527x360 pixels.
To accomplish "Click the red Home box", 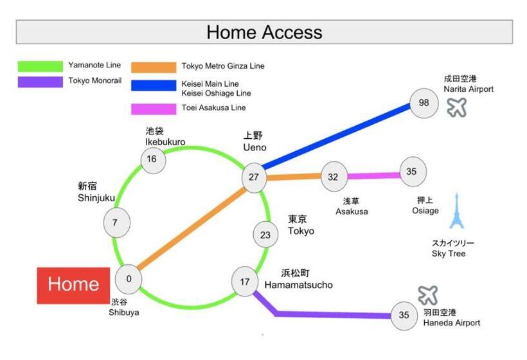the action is (73, 285).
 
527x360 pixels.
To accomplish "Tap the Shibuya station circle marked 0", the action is (129, 279).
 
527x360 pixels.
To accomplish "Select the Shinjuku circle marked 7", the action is (116, 222).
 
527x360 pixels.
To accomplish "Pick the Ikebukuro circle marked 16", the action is (153, 159).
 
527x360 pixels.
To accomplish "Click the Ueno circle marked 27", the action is (254, 178).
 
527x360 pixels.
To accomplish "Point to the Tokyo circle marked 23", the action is (265, 235).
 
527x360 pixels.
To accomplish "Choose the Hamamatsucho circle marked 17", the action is (245, 282).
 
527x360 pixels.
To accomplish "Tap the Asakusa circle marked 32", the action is (334, 177).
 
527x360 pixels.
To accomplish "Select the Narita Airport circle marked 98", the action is (424, 104).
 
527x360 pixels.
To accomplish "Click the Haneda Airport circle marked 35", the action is (404, 315).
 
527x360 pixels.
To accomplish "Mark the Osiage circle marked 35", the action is (413, 172).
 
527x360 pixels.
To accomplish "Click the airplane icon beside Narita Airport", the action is (457, 107).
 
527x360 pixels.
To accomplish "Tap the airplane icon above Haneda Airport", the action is (428, 295).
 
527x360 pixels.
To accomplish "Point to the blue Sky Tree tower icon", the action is (457, 211).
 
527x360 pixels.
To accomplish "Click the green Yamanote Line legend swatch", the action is (40, 66).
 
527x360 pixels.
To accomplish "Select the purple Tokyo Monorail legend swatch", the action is (40, 82).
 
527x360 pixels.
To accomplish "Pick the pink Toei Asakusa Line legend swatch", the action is (154, 109).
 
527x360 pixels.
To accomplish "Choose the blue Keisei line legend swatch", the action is (154, 85).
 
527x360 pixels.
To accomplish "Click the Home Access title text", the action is (265, 32).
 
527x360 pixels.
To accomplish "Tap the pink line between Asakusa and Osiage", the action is (374, 175).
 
